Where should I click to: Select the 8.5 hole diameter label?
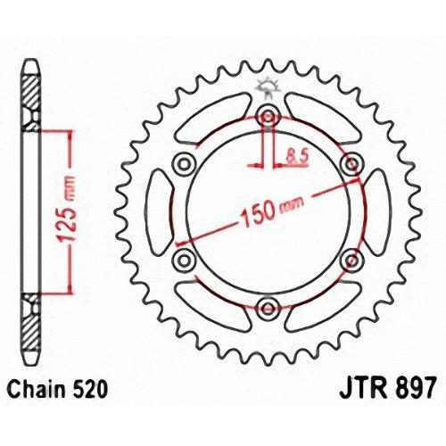pyautogui.click(x=298, y=156)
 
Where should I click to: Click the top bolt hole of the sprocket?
pyautogui.click(x=268, y=117)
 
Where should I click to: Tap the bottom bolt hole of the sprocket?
pyautogui.click(x=268, y=308)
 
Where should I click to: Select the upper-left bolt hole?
pyautogui.click(x=185, y=164)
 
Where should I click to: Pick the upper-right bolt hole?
pyautogui.click(x=351, y=163)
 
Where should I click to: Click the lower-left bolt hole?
pyautogui.click(x=185, y=260)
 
